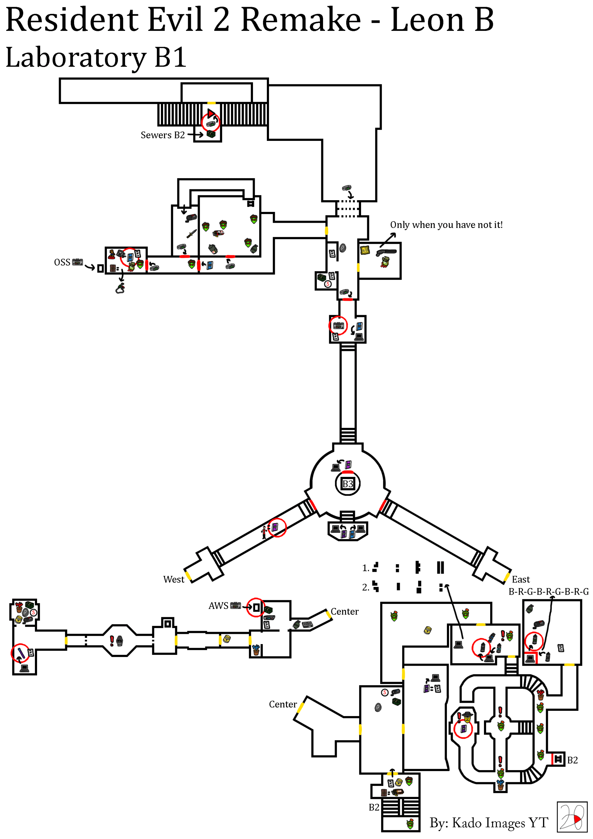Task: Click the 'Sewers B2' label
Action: click(x=162, y=135)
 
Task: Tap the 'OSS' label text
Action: click(x=62, y=262)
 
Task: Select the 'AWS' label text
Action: click(x=218, y=605)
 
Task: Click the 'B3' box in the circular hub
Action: click(x=347, y=484)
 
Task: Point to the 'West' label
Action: click(x=174, y=579)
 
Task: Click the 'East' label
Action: click(x=521, y=579)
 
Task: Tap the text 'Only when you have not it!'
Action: click(x=446, y=225)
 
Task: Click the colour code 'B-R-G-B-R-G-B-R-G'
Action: click(x=549, y=591)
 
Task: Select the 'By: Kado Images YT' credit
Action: click(x=489, y=822)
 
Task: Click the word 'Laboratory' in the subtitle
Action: click(x=76, y=58)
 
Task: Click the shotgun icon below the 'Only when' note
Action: click(x=386, y=252)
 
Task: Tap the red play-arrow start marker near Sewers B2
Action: click(x=211, y=113)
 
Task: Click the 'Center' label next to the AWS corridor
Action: click(x=345, y=611)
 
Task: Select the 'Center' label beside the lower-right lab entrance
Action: click(x=283, y=704)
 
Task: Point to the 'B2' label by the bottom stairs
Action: click(x=374, y=807)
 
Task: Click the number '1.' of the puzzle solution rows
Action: click(x=365, y=568)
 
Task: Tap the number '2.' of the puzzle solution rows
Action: click(x=365, y=587)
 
